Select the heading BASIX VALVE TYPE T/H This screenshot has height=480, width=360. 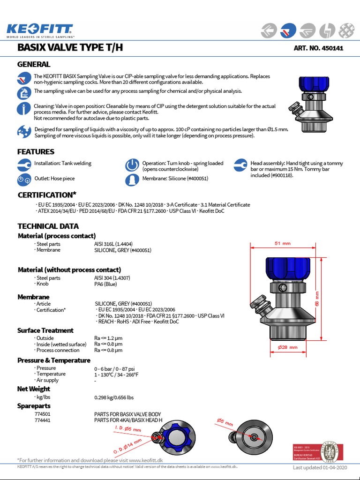70,47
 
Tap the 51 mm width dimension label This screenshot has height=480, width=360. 282,243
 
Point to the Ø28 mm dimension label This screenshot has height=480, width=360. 287,347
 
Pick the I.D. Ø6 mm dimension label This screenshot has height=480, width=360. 128,429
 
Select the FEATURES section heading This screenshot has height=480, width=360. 36,151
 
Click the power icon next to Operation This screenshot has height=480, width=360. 132,165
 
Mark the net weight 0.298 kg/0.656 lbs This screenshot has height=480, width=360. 114,397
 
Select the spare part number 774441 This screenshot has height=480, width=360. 43,420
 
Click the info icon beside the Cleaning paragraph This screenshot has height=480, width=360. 23,109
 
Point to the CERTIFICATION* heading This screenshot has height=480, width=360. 47,195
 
